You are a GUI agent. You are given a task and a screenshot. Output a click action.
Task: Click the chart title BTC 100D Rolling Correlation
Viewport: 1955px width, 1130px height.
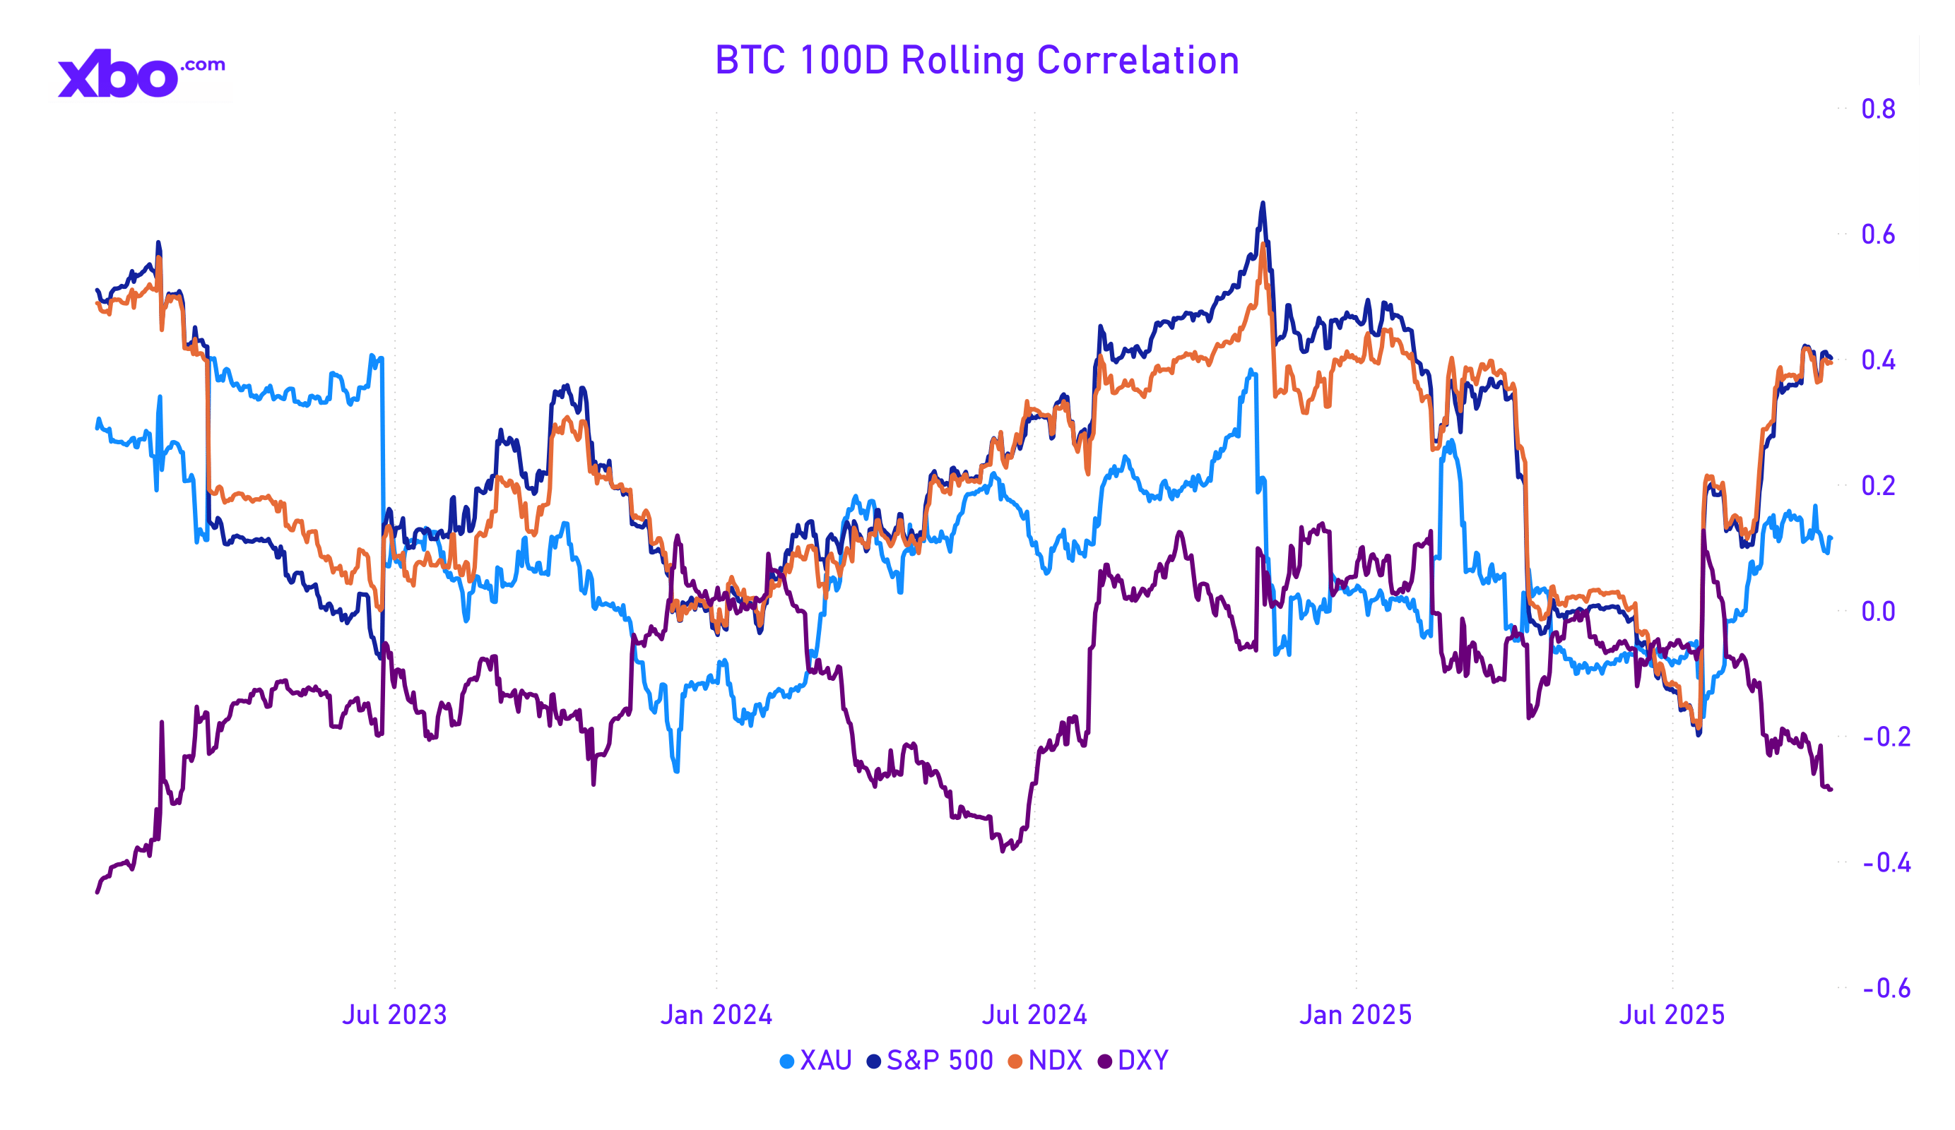pyautogui.click(x=976, y=61)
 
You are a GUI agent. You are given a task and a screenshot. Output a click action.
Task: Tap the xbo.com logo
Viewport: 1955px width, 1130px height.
pyautogui.click(x=141, y=73)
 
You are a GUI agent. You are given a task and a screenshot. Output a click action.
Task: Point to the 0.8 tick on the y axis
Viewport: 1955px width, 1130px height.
pyautogui.click(x=1877, y=109)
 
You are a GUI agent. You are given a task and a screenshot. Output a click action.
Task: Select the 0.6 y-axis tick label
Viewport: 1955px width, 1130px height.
pyautogui.click(x=1877, y=234)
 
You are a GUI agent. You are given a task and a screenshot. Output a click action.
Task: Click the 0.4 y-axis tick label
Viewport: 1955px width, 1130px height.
pyautogui.click(x=1877, y=360)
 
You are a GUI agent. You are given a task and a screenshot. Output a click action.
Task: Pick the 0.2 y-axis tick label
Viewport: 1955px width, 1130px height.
pyautogui.click(x=1877, y=485)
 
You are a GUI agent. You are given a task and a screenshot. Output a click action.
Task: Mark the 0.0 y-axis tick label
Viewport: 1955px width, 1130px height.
pyautogui.click(x=1877, y=611)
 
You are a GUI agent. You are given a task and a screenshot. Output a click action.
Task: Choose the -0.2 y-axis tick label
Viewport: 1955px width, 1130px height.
pyautogui.click(x=1886, y=737)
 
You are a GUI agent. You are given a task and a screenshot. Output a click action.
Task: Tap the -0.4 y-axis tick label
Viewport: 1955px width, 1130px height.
pyautogui.click(x=1886, y=862)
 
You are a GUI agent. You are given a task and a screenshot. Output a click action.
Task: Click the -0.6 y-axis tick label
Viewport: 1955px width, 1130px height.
pyautogui.click(x=1886, y=988)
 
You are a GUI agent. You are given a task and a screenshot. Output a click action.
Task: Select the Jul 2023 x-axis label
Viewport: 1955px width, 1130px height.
pyautogui.click(x=394, y=1014)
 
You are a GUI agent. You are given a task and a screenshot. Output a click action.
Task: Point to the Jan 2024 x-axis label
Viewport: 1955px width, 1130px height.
pyautogui.click(x=716, y=1014)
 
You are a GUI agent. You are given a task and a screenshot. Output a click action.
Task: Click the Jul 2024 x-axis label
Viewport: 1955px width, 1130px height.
pyautogui.click(x=1034, y=1014)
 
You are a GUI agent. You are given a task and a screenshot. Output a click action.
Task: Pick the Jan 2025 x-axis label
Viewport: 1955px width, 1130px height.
pyautogui.click(x=1355, y=1014)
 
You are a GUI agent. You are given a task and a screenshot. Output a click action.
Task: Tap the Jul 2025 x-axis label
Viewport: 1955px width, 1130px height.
pyautogui.click(x=1672, y=1014)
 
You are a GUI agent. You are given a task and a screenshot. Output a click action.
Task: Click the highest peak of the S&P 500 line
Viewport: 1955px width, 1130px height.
pyautogui.click(x=1263, y=203)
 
